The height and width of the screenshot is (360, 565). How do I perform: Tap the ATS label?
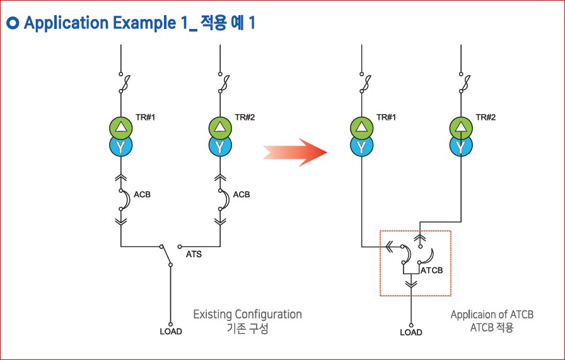(194, 255)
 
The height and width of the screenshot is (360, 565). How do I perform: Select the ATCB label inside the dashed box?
(431, 270)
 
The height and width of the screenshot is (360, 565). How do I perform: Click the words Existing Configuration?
(247, 314)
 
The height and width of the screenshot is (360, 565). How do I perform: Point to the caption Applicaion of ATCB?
(492, 314)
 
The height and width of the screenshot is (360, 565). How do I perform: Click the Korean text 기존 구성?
(247, 328)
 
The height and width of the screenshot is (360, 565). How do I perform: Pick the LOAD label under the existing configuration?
(170, 332)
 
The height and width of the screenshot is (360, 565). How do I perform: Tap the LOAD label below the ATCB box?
(411, 332)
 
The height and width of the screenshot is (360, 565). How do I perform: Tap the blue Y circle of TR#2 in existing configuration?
(220, 147)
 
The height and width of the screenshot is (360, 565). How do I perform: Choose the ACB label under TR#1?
(142, 194)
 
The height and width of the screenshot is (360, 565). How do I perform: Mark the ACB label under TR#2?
(242, 194)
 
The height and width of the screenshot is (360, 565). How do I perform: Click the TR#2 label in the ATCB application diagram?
(485, 117)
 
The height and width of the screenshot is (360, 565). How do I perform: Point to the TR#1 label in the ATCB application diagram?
(386, 117)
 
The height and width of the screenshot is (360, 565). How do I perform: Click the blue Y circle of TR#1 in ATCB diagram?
(361, 147)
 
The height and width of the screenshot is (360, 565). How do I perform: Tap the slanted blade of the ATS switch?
(166, 256)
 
